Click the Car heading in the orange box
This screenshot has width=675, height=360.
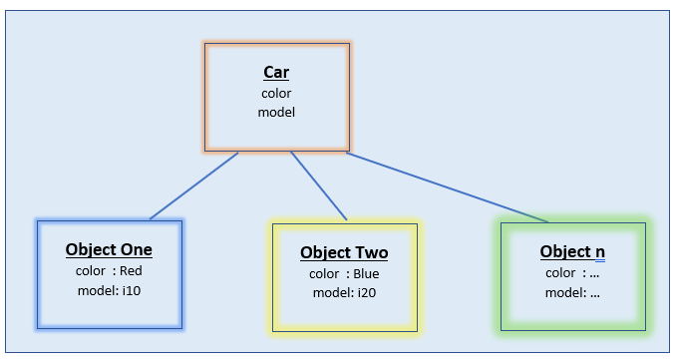(x=276, y=72)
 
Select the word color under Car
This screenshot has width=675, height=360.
(x=276, y=93)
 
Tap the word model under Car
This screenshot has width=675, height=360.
(x=276, y=112)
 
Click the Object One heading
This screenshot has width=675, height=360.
(x=109, y=249)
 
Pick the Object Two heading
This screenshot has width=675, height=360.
(x=344, y=252)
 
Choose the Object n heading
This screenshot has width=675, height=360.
(x=572, y=251)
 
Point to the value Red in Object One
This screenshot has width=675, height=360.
(x=131, y=270)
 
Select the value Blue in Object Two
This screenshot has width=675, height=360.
(x=365, y=273)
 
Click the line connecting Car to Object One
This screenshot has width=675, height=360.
(x=194, y=185)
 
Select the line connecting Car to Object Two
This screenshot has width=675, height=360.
(x=318, y=185)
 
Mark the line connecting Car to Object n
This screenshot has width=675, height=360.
(x=449, y=186)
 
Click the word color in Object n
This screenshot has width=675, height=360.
(x=560, y=272)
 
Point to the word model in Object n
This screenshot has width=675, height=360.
(x=563, y=292)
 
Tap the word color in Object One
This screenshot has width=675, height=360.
(x=91, y=270)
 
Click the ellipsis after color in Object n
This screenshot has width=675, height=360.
(x=595, y=273)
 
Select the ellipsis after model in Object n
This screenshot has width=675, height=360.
(x=595, y=293)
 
